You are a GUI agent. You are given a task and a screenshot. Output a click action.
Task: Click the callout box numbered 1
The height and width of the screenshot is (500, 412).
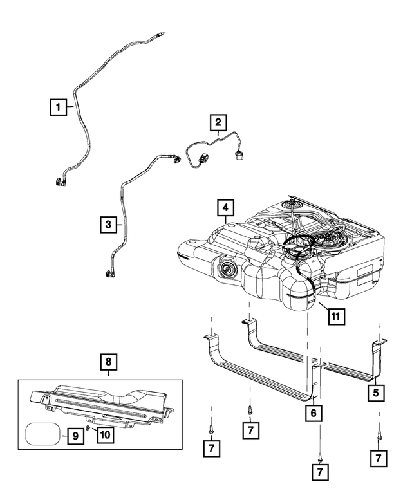pos(58,107)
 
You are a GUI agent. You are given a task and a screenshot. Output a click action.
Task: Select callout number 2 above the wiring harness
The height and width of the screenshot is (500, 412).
pos(218,122)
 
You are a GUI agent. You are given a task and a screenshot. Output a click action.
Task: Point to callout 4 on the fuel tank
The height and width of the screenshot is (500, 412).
pos(225,208)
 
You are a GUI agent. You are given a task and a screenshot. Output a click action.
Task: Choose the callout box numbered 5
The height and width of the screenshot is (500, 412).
pos(374,390)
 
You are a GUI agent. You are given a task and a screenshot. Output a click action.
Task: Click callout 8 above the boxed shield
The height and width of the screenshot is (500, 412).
pos(109,362)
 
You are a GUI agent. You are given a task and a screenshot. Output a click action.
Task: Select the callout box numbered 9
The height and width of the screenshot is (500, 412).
pos(75,436)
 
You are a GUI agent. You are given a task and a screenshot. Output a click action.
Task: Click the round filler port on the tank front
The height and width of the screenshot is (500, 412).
pos(228,268)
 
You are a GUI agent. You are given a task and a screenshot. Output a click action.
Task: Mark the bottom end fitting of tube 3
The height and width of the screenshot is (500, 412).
pos(108,275)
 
